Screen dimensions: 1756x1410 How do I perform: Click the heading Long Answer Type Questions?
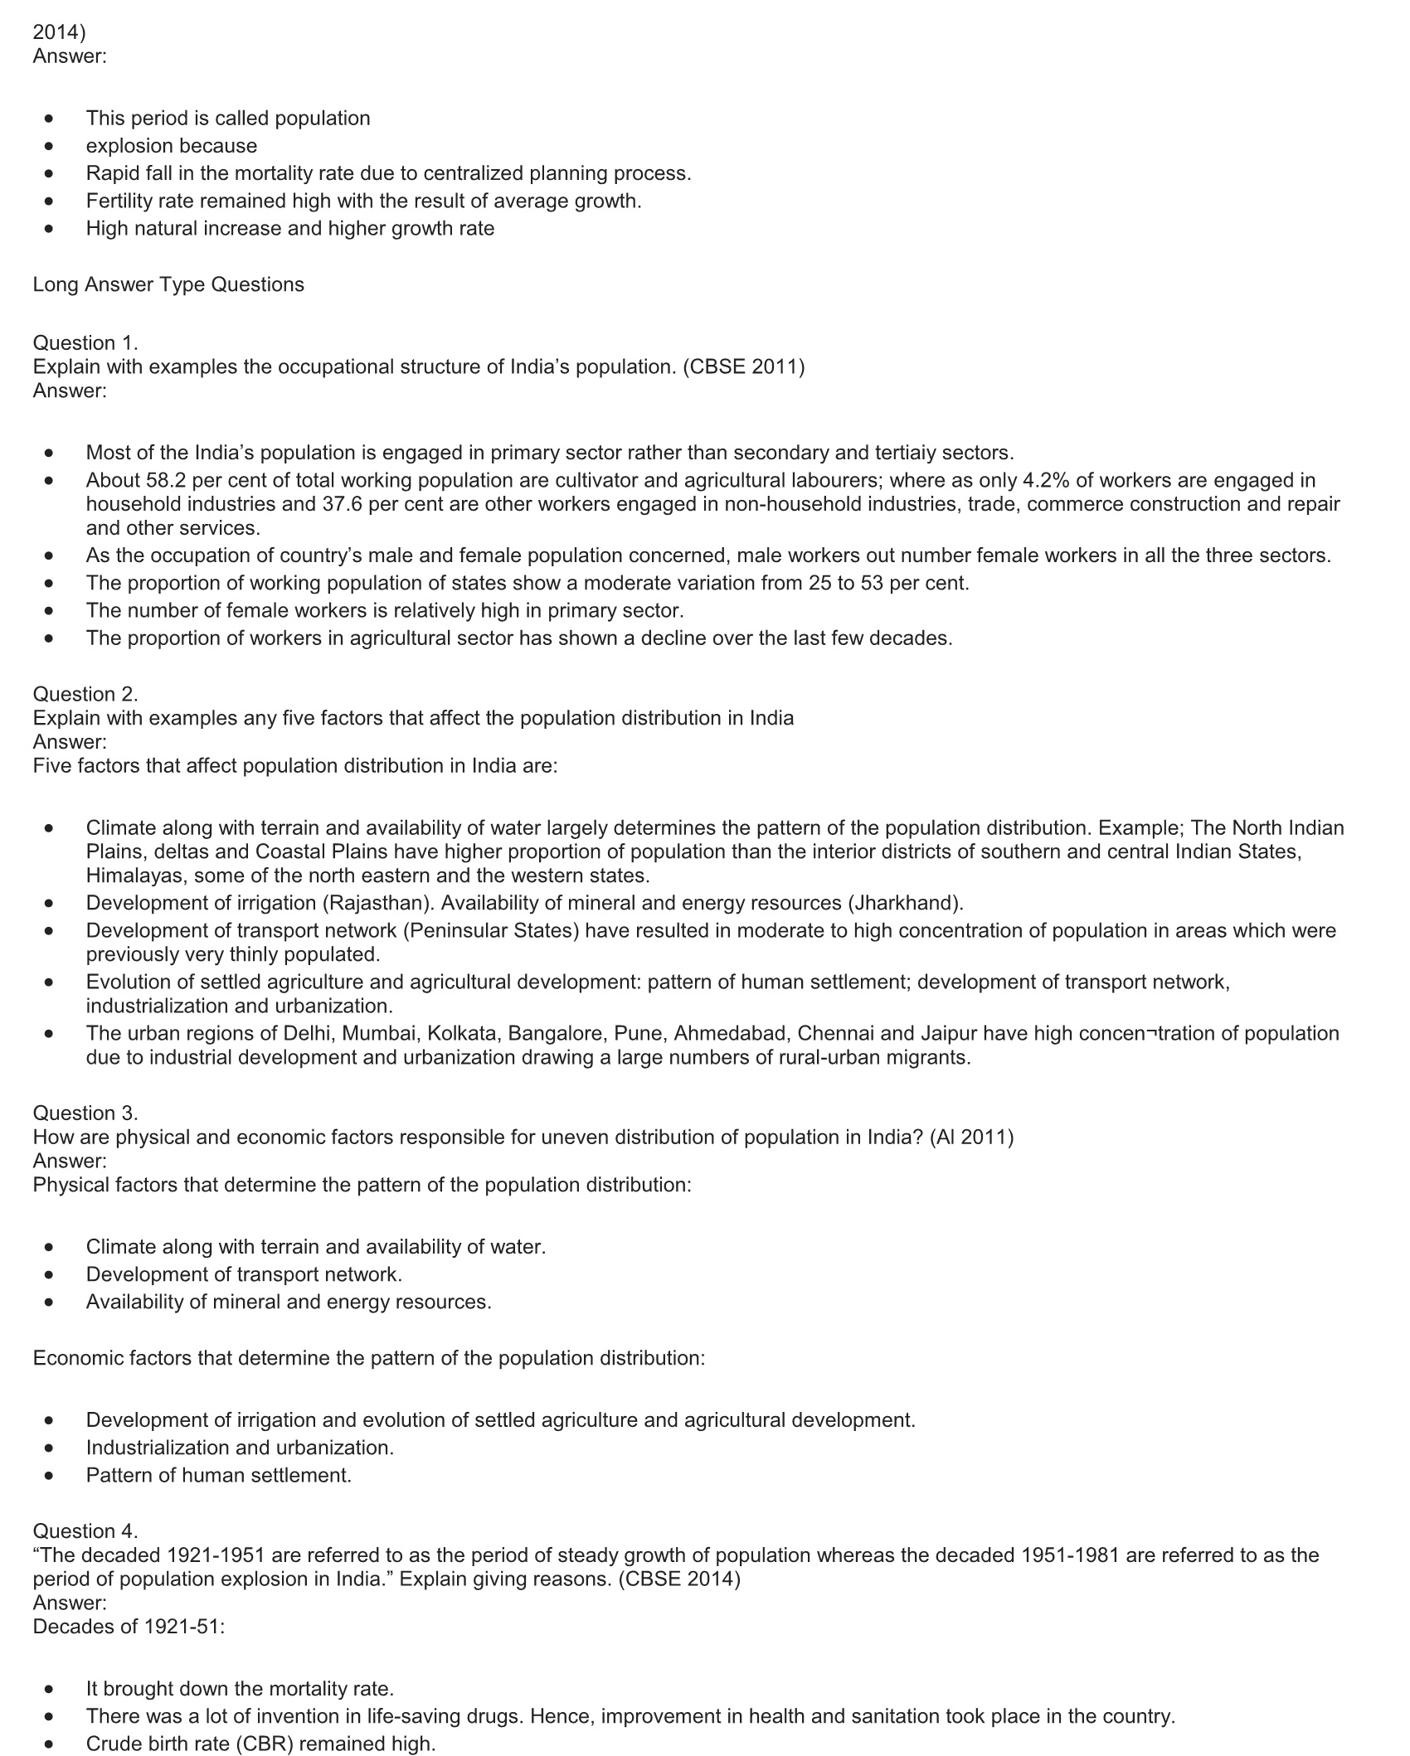(168, 284)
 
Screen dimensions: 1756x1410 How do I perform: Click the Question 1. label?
(85, 342)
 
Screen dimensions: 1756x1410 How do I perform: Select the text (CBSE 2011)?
(744, 366)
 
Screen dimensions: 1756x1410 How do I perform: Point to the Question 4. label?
(85, 1530)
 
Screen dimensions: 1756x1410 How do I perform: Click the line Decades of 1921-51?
(129, 1626)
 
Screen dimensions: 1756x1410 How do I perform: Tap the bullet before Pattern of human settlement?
(51, 1475)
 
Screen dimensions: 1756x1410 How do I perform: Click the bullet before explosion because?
(51, 146)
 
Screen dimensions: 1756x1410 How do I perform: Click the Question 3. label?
(85, 1113)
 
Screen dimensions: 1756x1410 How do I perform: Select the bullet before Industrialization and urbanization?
(51, 1448)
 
